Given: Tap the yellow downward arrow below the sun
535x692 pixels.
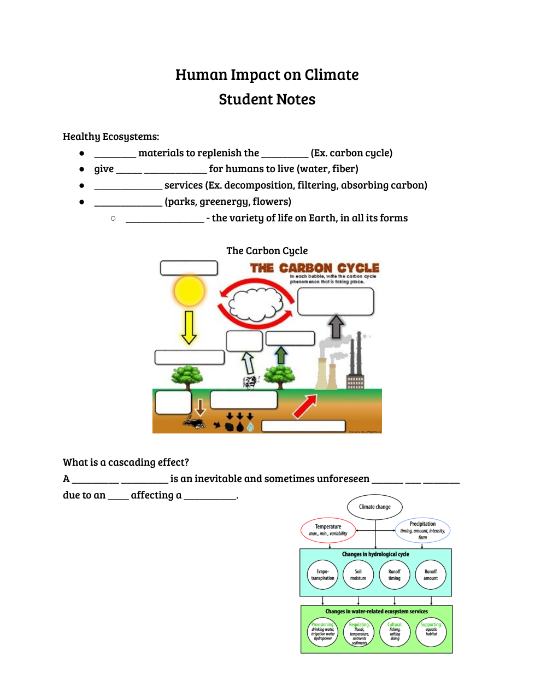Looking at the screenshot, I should click(x=189, y=327).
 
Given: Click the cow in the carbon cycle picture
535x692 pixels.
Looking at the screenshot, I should click(x=250, y=382).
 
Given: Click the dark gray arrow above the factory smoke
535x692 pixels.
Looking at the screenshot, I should click(x=336, y=326).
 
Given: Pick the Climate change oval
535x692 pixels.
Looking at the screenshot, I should click(x=374, y=507).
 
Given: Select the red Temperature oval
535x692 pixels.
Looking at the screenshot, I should click(x=328, y=530).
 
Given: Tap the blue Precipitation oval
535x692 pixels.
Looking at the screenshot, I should click(x=422, y=530).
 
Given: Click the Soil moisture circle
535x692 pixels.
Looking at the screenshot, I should click(x=358, y=574).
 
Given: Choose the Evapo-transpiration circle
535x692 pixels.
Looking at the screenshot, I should click(x=322, y=574).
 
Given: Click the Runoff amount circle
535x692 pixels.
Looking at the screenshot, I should click(x=431, y=574).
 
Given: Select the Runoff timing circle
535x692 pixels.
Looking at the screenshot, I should click(x=395, y=574).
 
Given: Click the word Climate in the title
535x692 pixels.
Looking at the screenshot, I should click(x=332, y=75).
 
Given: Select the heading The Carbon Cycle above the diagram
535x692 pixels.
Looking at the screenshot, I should click(x=267, y=251).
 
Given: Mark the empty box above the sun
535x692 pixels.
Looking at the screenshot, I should click(x=189, y=268).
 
